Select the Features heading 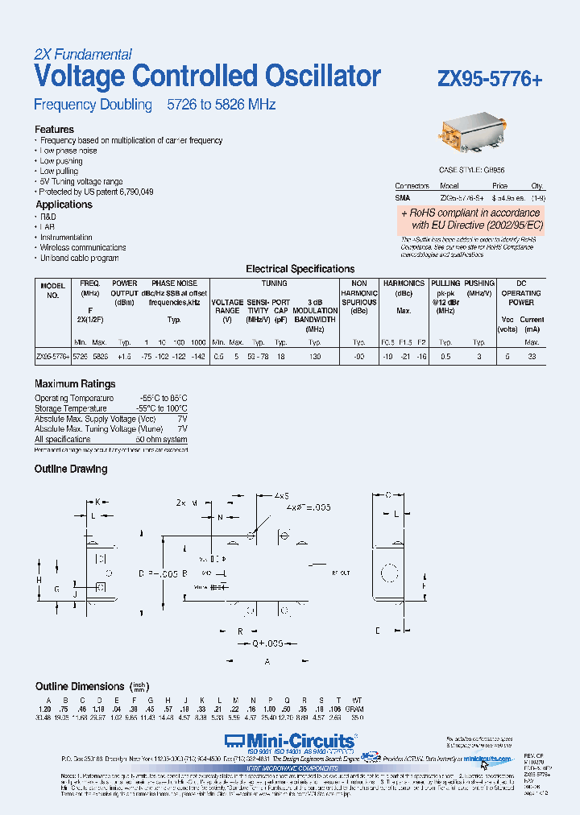point(54,130)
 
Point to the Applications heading point(64,205)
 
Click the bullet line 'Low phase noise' point(68,151)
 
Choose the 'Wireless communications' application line point(83,248)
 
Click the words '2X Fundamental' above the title point(83,55)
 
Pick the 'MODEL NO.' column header point(52,289)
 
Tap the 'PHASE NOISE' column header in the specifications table point(174,283)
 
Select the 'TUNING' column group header point(274,283)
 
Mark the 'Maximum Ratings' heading point(75,384)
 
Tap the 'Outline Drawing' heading point(71,469)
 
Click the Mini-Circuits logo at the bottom point(290,739)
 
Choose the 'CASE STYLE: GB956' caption point(472,171)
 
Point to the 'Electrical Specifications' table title point(300,269)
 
